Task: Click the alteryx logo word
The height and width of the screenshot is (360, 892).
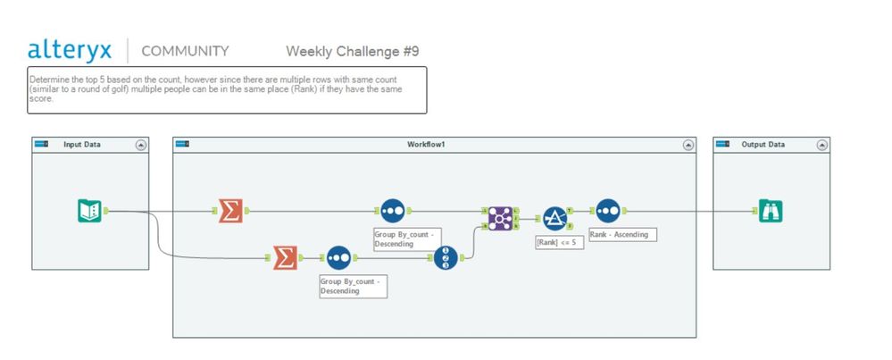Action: tap(71, 49)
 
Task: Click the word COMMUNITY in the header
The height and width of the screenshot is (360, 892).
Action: tap(185, 51)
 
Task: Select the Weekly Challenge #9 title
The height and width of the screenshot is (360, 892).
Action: tap(352, 51)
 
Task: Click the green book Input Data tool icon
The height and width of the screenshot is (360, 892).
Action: tap(89, 211)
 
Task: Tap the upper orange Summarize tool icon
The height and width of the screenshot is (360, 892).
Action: tap(230, 211)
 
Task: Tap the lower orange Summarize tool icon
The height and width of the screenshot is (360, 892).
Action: tap(284, 258)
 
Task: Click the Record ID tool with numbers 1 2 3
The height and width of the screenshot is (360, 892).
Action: tap(446, 258)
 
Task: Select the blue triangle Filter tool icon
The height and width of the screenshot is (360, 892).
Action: tap(555, 219)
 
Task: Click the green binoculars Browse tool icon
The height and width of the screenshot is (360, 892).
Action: tap(771, 211)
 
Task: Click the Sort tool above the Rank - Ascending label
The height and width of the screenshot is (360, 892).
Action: tap(607, 211)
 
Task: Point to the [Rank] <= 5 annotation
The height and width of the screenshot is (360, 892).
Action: tap(559, 242)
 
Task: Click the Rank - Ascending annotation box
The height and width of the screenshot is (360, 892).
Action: tap(622, 234)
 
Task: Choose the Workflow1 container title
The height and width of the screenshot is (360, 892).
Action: tap(426, 145)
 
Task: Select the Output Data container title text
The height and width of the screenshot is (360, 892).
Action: tap(763, 145)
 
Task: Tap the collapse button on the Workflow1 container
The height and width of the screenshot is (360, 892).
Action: tap(688, 145)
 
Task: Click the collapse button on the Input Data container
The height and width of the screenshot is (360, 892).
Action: tap(140, 145)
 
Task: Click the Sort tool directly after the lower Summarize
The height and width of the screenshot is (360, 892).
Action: tap(338, 258)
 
